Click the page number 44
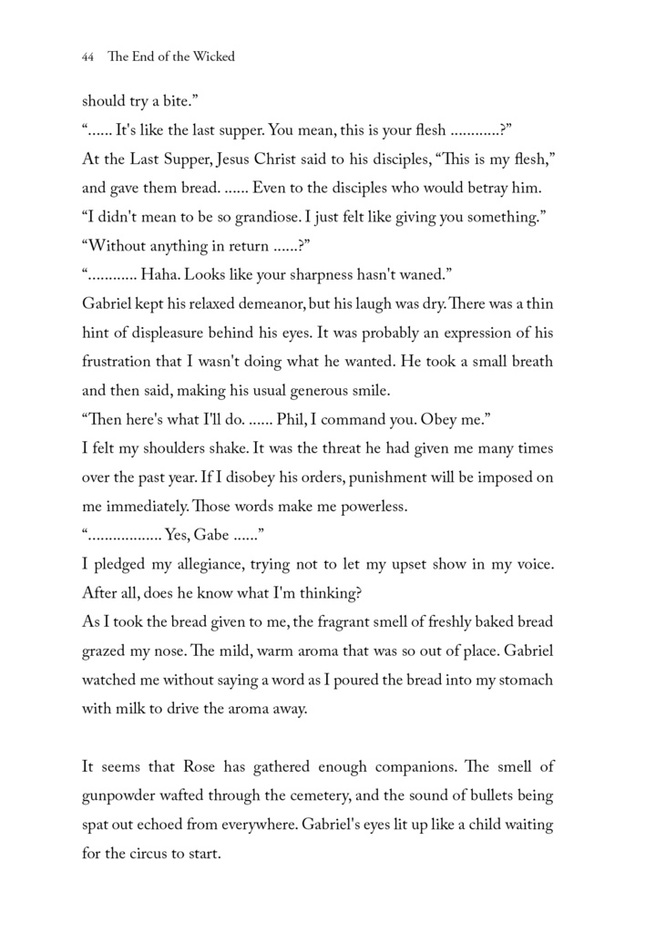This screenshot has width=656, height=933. pyautogui.click(x=88, y=56)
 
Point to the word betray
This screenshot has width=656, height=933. pyautogui.click(x=496, y=189)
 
